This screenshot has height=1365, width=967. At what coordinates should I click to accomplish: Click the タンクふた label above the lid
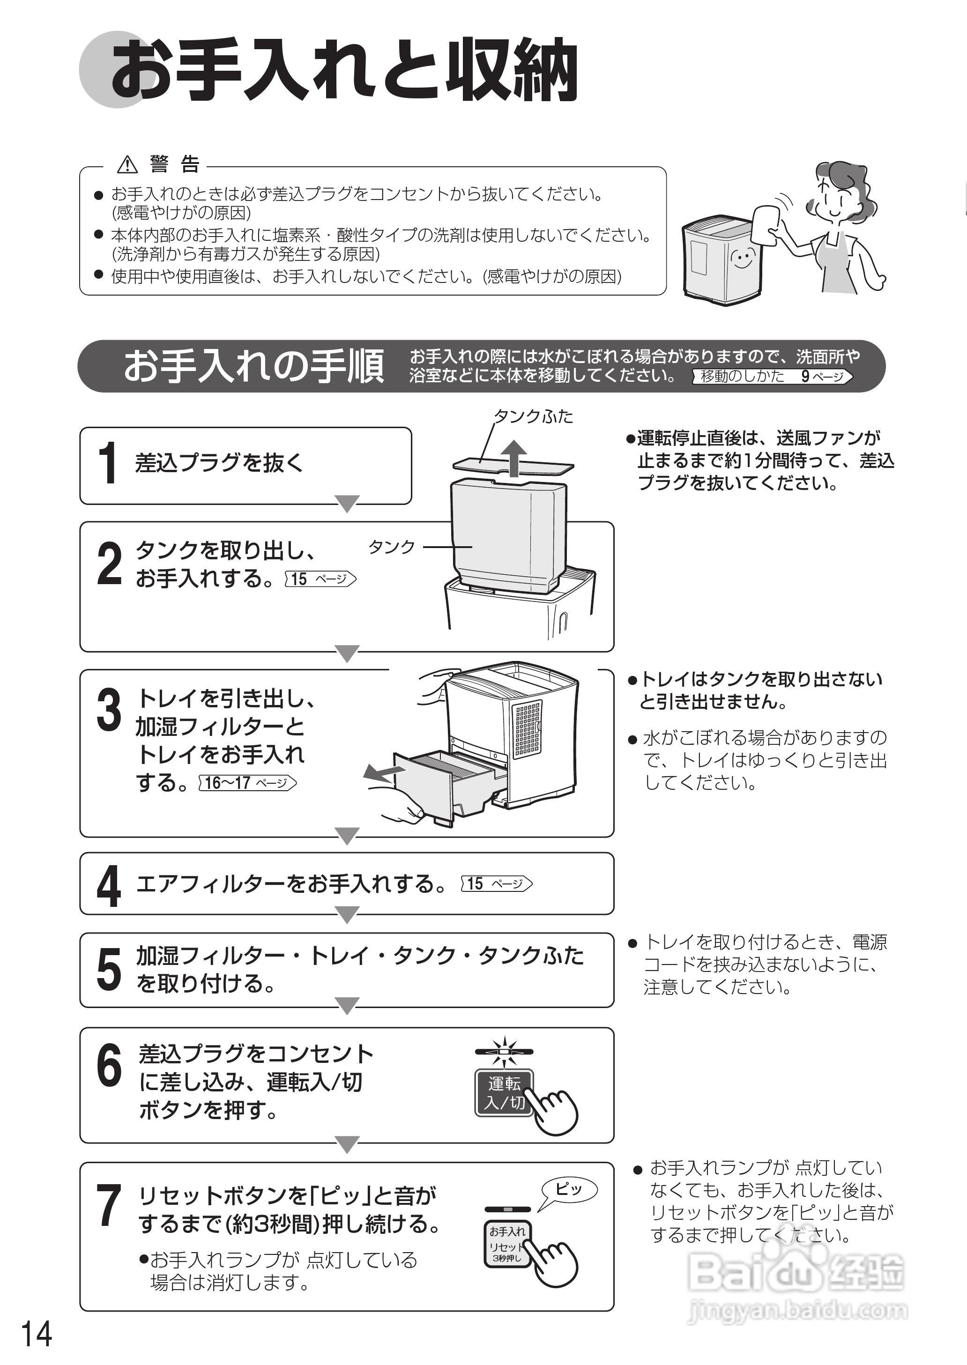pyautogui.click(x=533, y=416)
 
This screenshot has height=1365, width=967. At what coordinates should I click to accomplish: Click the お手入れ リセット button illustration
pyautogui.click(x=506, y=1244)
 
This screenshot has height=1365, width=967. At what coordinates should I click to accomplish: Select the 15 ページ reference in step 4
pyautogui.click(x=497, y=883)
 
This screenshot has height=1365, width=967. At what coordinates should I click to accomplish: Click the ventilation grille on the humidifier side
pyautogui.click(x=528, y=729)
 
